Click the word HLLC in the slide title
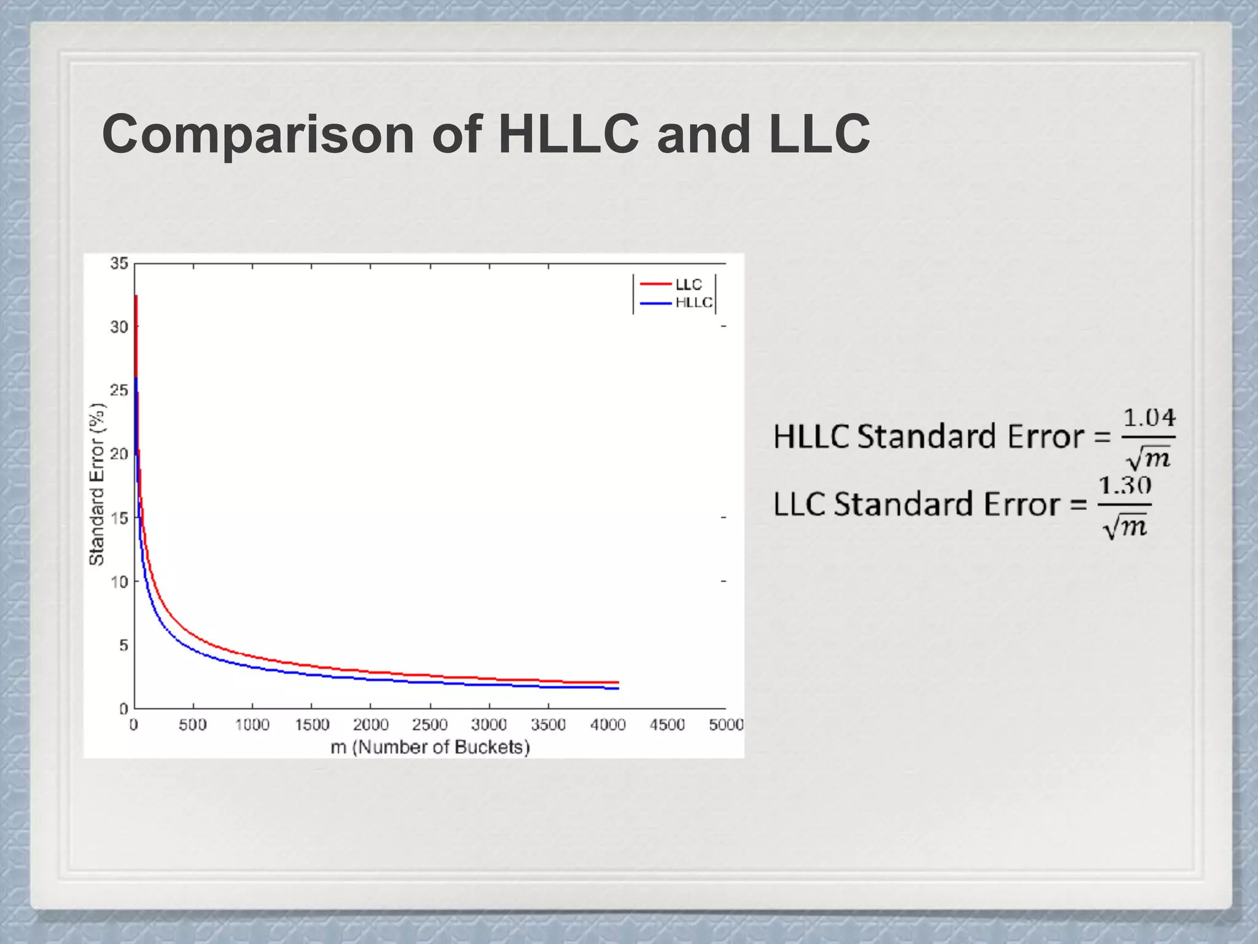(x=568, y=134)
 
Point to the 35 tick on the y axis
(x=119, y=264)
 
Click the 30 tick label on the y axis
(x=119, y=327)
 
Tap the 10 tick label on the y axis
(x=119, y=582)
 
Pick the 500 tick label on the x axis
(x=193, y=725)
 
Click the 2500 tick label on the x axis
(x=429, y=725)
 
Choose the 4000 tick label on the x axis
(x=608, y=725)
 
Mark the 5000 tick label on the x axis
(x=726, y=725)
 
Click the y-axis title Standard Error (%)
(x=97, y=484)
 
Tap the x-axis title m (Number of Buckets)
(x=430, y=747)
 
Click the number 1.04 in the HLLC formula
(x=1149, y=419)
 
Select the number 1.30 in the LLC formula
(x=1125, y=486)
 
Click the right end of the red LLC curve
(x=617, y=682)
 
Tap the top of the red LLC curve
(x=136, y=297)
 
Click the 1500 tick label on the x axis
(x=312, y=725)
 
